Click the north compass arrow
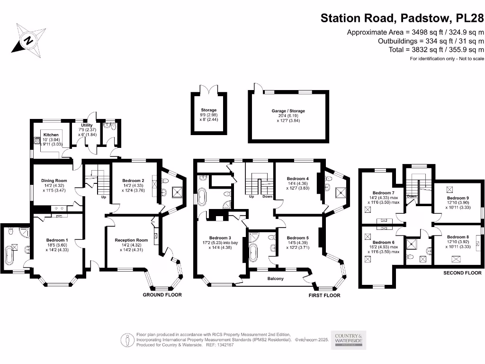click(28, 40)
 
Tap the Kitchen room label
click(51, 135)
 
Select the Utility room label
click(86, 126)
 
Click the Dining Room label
click(54, 180)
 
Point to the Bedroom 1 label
click(57, 240)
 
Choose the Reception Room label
click(131, 240)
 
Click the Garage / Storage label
click(288, 111)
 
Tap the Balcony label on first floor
click(276, 279)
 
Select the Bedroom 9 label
click(458, 198)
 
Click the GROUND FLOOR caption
click(162, 295)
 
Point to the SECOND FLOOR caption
click(462, 273)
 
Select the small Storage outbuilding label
click(208, 110)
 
